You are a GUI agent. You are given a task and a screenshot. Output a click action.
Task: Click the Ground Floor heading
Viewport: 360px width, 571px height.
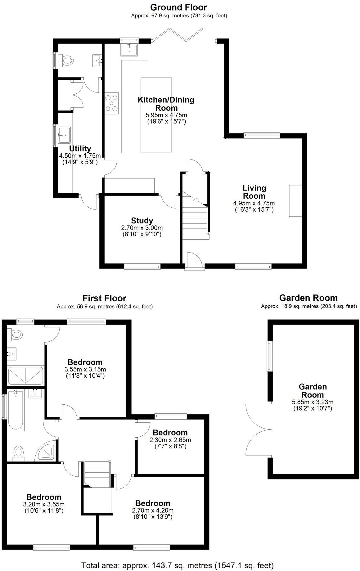(178, 7)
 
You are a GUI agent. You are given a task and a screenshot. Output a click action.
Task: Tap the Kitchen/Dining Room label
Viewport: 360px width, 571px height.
(166, 104)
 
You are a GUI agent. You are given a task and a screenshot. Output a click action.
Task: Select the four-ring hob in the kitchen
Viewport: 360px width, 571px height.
(112, 103)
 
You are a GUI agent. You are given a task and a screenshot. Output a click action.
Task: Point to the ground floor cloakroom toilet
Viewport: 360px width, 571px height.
(67, 60)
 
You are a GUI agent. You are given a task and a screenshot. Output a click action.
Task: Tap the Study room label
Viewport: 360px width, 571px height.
(142, 221)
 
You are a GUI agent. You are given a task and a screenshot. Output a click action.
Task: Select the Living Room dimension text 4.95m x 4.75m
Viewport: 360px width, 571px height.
(254, 203)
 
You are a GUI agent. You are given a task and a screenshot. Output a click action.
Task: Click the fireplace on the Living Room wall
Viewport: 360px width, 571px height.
(295, 201)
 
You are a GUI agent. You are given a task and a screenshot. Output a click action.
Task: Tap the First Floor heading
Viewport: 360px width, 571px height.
(104, 299)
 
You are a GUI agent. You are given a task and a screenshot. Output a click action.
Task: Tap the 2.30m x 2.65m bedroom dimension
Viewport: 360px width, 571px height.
(170, 440)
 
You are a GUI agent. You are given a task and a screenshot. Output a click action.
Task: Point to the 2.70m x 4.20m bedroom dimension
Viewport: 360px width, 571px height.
(153, 510)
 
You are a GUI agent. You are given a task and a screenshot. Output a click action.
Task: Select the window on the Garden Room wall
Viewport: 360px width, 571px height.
(269, 356)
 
